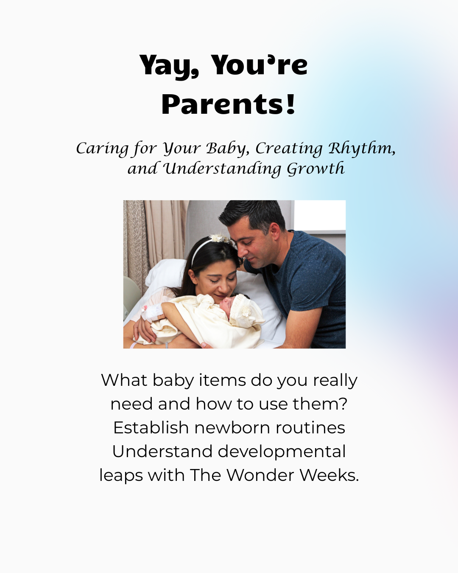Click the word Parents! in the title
(x=228, y=104)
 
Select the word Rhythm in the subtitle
(x=362, y=148)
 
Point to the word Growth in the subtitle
(x=316, y=169)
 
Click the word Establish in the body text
(x=151, y=428)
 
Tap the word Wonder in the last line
(x=260, y=475)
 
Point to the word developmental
(x=282, y=452)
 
